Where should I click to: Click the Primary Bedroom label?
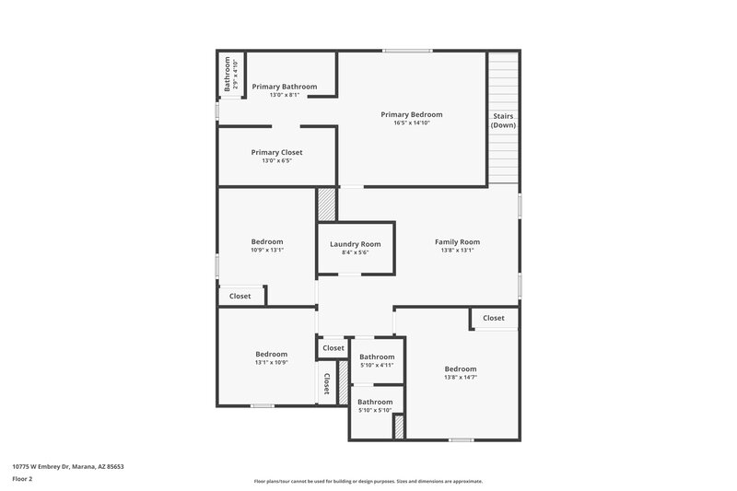(x=412, y=114)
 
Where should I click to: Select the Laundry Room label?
(x=355, y=244)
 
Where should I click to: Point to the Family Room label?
(x=457, y=242)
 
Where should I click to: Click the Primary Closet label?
(x=276, y=152)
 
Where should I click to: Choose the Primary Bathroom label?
(x=284, y=87)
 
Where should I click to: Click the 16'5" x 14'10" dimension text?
(x=412, y=123)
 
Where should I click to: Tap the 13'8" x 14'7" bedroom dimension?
(x=460, y=377)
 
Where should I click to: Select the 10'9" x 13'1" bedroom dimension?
(x=267, y=250)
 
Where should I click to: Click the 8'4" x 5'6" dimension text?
(x=355, y=252)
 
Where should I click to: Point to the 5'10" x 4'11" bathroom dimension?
(x=376, y=365)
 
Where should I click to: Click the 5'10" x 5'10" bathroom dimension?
(x=375, y=410)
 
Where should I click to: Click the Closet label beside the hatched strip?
(x=326, y=383)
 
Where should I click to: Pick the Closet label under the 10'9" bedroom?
(x=240, y=296)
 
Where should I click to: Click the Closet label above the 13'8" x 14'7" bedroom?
(x=493, y=318)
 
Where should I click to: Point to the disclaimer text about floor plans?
(x=368, y=481)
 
